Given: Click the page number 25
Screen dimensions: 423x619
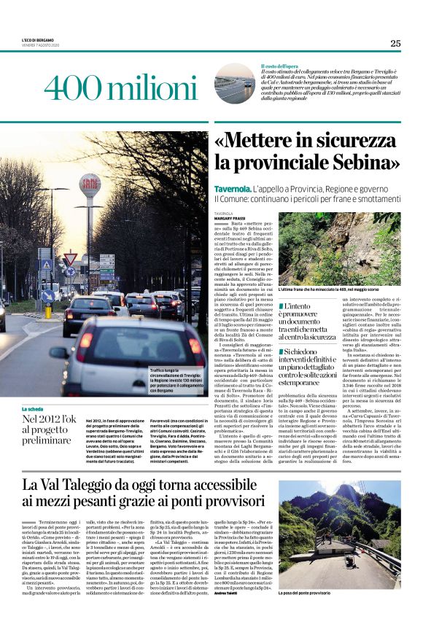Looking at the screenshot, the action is (x=395, y=43).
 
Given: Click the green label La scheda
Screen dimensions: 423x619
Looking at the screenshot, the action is (x=33, y=409).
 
